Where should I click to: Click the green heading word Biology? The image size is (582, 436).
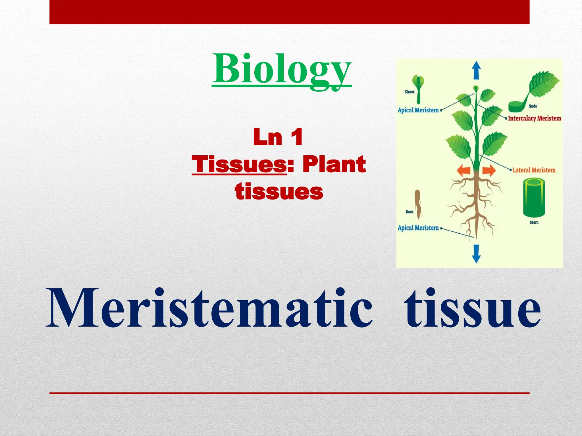click(282, 70)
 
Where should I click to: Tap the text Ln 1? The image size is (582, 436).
click(278, 137)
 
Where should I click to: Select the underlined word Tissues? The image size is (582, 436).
click(239, 165)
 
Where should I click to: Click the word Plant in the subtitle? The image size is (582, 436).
click(334, 165)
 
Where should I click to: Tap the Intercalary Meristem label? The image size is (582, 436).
click(534, 118)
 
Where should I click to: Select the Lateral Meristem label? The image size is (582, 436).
click(534, 170)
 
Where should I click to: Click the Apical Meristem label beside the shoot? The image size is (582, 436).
click(418, 110)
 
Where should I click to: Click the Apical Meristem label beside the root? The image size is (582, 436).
click(418, 228)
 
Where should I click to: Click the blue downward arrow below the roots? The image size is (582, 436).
click(476, 253)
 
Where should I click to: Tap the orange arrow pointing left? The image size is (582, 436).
click(463, 171)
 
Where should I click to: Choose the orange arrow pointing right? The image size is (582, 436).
click(489, 171)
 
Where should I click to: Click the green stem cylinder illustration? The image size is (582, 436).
click(534, 197)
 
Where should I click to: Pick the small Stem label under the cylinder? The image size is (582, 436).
click(534, 222)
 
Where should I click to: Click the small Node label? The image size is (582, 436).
click(533, 106)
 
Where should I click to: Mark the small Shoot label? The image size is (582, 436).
click(410, 92)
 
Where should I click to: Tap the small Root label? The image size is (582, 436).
click(410, 212)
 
